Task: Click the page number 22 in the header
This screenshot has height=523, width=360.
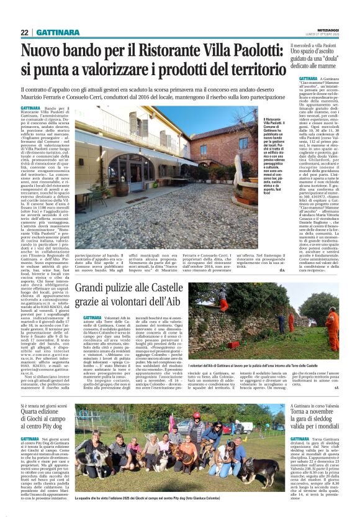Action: [25, 32]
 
